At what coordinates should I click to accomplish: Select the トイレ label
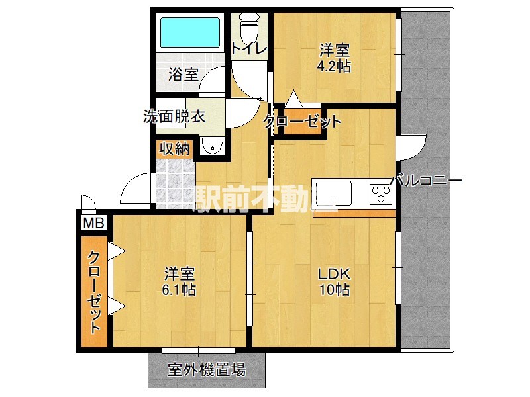(x=249, y=48)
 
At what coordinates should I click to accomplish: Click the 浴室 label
(x=183, y=74)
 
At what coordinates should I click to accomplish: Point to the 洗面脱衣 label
(x=174, y=116)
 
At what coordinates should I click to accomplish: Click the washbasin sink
(x=212, y=146)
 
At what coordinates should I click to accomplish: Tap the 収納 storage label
(x=174, y=149)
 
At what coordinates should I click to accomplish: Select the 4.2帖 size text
(x=334, y=66)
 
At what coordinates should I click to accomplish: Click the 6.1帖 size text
(x=180, y=290)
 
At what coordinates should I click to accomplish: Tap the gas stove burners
(x=382, y=193)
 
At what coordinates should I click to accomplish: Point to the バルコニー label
(x=425, y=181)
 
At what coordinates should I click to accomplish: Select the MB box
(x=91, y=223)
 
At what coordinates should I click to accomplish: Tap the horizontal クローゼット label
(x=303, y=122)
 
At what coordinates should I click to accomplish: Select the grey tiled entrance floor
(x=176, y=182)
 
